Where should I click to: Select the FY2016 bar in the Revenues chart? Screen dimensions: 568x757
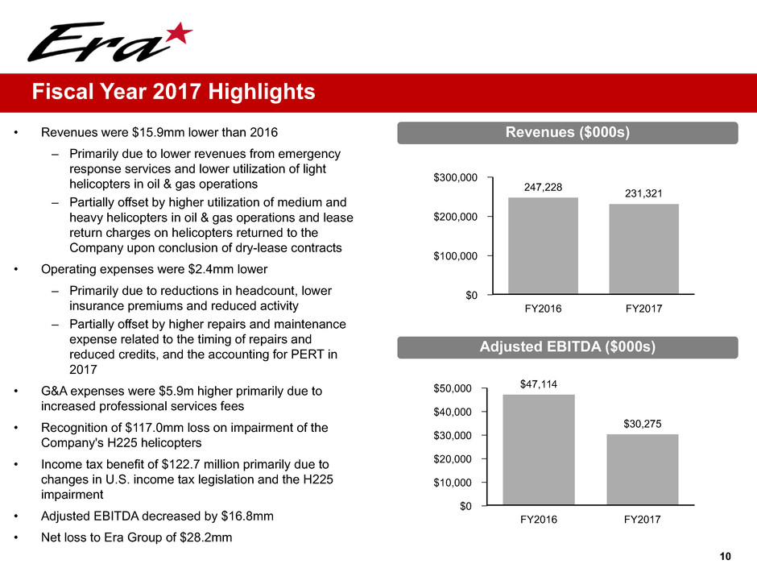[543, 246]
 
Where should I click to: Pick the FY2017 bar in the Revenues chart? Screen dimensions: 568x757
[643, 249]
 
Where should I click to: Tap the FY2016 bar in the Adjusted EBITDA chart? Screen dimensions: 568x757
[539, 450]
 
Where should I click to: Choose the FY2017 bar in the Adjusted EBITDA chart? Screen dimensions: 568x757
[642, 470]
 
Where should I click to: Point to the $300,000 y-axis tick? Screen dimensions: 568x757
[456, 177]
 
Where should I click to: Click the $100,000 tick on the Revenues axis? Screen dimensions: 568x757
[456, 255]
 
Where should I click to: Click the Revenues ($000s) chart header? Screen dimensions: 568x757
[567, 132]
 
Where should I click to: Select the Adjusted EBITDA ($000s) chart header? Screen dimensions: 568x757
[567, 346]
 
